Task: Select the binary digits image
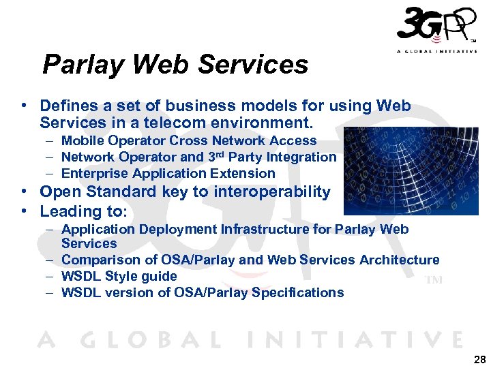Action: pyautogui.click(x=411, y=170)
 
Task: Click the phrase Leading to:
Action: pyautogui.click(x=84, y=211)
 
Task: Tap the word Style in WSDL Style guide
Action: pyautogui.click(x=120, y=276)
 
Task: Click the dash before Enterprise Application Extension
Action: pyautogui.click(x=51, y=173)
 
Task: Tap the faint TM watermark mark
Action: pyautogui.click(x=434, y=280)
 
